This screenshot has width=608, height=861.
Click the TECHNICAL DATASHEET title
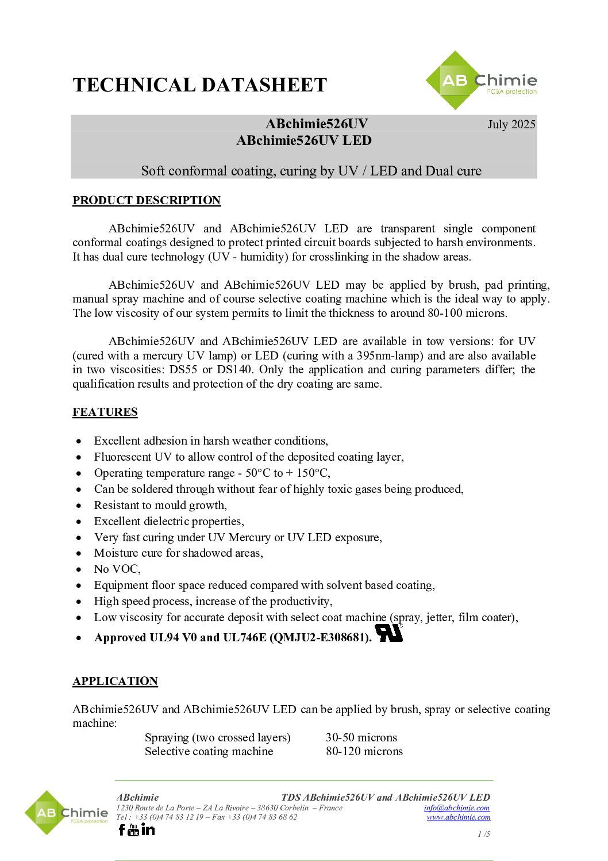coord(199,85)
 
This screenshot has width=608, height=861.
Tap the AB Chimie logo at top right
coord(482,81)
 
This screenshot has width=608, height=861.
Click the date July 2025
coord(511,124)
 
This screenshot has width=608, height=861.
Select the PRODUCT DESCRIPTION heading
coord(147,200)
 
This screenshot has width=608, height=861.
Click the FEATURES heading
coord(105,412)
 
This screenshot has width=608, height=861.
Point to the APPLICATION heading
coord(115,681)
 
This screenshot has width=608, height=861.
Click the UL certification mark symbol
coord(389,633)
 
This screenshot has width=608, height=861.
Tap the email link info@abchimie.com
coord(457,808)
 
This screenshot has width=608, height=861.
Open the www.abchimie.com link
coord(459,817)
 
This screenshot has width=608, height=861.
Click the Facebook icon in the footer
coord(121,829)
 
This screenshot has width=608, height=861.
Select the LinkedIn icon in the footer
coord(148,829)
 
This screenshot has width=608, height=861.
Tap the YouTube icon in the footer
coord(133,829)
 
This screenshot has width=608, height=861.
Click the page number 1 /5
coord(484,834)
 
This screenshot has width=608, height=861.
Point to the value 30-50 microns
coord(361,737)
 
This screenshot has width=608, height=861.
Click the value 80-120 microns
coord(364,751)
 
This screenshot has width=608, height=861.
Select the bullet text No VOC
coord(117,569)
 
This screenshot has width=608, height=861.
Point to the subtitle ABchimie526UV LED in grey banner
coord(304,140)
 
